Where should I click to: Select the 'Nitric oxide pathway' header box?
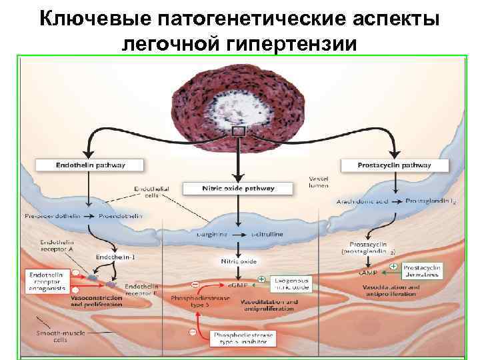(238, 189)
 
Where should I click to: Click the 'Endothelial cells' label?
(151, 193)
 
